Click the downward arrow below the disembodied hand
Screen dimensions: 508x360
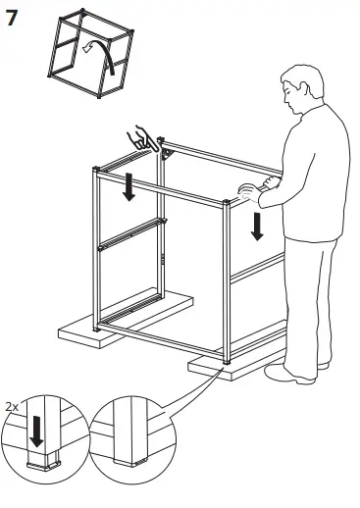click(x=129, y=183)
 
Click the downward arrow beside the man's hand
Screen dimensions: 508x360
click(x=257, y=223)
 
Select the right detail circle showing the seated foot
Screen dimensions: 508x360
click(x=132, y=436)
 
